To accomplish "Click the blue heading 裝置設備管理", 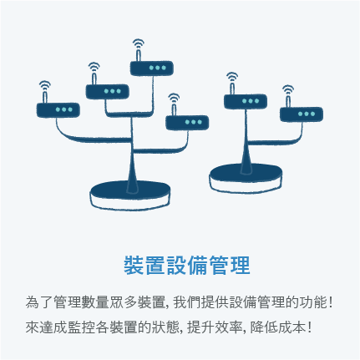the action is coord(187,265).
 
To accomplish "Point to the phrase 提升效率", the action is coord(215,327).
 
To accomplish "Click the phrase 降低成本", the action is coord(277,327).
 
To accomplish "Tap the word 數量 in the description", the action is coord(95,302).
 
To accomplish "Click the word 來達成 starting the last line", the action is coord(47,327).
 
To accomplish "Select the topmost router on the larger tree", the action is coord(152,68).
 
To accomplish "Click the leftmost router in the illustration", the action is coord(58,110).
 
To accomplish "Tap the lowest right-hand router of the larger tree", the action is coord(187,123).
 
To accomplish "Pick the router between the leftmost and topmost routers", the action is coord(108,92).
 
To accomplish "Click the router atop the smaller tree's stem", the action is coord(246,101).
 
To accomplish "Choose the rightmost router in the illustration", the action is coord(302,114).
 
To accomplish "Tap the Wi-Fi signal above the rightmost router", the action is coord(288,89).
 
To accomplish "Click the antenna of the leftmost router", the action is coord(44,97).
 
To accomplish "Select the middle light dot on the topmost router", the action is coord(158,68).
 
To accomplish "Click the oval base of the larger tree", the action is coord(130,195).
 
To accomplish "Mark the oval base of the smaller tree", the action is coord(246,178).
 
